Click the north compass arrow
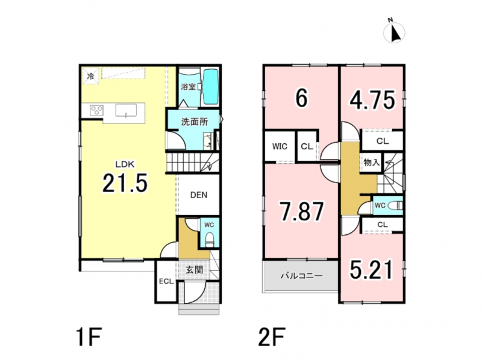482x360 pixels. (x=396, y=34)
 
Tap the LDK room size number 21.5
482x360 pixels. (x=125, y=183)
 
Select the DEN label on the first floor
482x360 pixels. (x=199, y=195)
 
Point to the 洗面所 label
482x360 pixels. (x=194, y=122)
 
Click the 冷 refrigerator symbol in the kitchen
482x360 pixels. (x=90, y=76)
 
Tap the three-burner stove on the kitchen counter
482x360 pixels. (x=96, y=110)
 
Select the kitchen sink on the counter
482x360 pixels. (x=126, y=111)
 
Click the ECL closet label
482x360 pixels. (x=166, y=281)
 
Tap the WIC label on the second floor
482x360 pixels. (x=280, y=146)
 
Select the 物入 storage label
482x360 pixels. (x=372, y=162)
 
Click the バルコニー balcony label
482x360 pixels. (x=302, y=276)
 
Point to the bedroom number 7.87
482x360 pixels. (x=302, y=211)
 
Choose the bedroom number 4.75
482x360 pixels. (x=372, y=100)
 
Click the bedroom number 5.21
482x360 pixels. (x=372, y=269)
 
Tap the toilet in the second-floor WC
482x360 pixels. (x=395, y=205)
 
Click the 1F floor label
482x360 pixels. (x=88, y=337)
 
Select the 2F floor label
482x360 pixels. (x=272, y=337)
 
